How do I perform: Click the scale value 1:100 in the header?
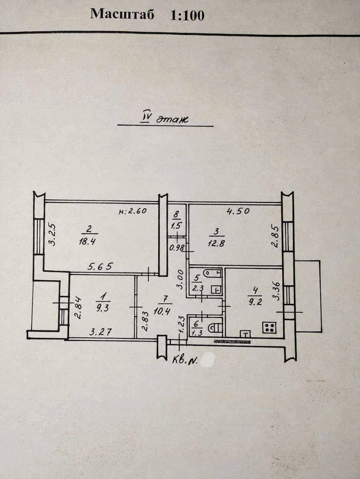187,16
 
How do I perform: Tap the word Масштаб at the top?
122,14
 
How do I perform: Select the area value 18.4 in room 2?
87,241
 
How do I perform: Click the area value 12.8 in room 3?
216,243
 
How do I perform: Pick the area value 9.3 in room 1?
103,309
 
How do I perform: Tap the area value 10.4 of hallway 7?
162,311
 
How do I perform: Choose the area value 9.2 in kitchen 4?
255,302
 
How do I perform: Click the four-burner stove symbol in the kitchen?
269,327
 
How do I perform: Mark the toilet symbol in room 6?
214,328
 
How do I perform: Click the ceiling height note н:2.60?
132,211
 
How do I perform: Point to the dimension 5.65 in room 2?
101,266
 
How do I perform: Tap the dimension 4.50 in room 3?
238,211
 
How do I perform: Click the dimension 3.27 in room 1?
100,332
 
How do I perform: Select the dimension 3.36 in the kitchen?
277,291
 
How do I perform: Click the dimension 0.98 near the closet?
177,247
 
